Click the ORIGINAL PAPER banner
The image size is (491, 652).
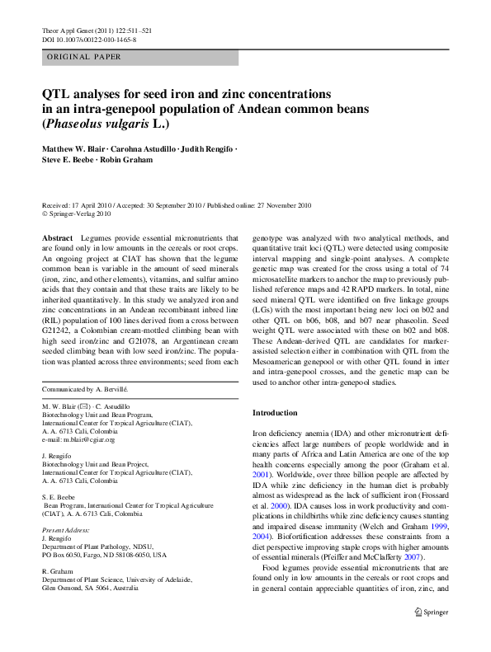tap(84, 57)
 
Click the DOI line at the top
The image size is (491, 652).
tap(89, 39)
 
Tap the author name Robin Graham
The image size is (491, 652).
tap(127, 160)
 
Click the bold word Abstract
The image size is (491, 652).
tap(57, 237)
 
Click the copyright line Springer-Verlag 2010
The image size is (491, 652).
tap(78, 213)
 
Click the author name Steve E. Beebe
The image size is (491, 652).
tap(70, 160)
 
